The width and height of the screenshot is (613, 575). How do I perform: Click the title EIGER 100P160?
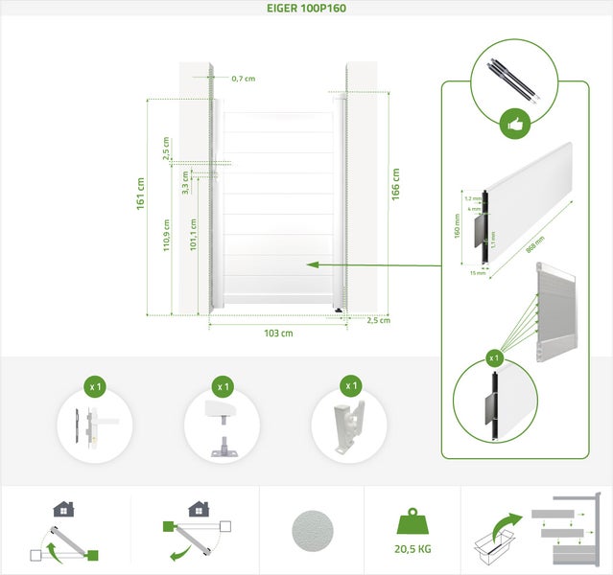306,8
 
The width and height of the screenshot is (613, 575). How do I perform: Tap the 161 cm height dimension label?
141,195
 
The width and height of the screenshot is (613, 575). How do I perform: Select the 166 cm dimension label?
395,183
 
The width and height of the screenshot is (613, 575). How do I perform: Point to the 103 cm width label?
277,333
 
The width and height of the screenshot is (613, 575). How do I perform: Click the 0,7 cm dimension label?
243,79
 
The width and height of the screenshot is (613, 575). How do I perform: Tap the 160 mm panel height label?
459,226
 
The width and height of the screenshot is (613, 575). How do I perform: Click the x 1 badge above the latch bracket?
350,386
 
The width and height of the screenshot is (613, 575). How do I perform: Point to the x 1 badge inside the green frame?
495,357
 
